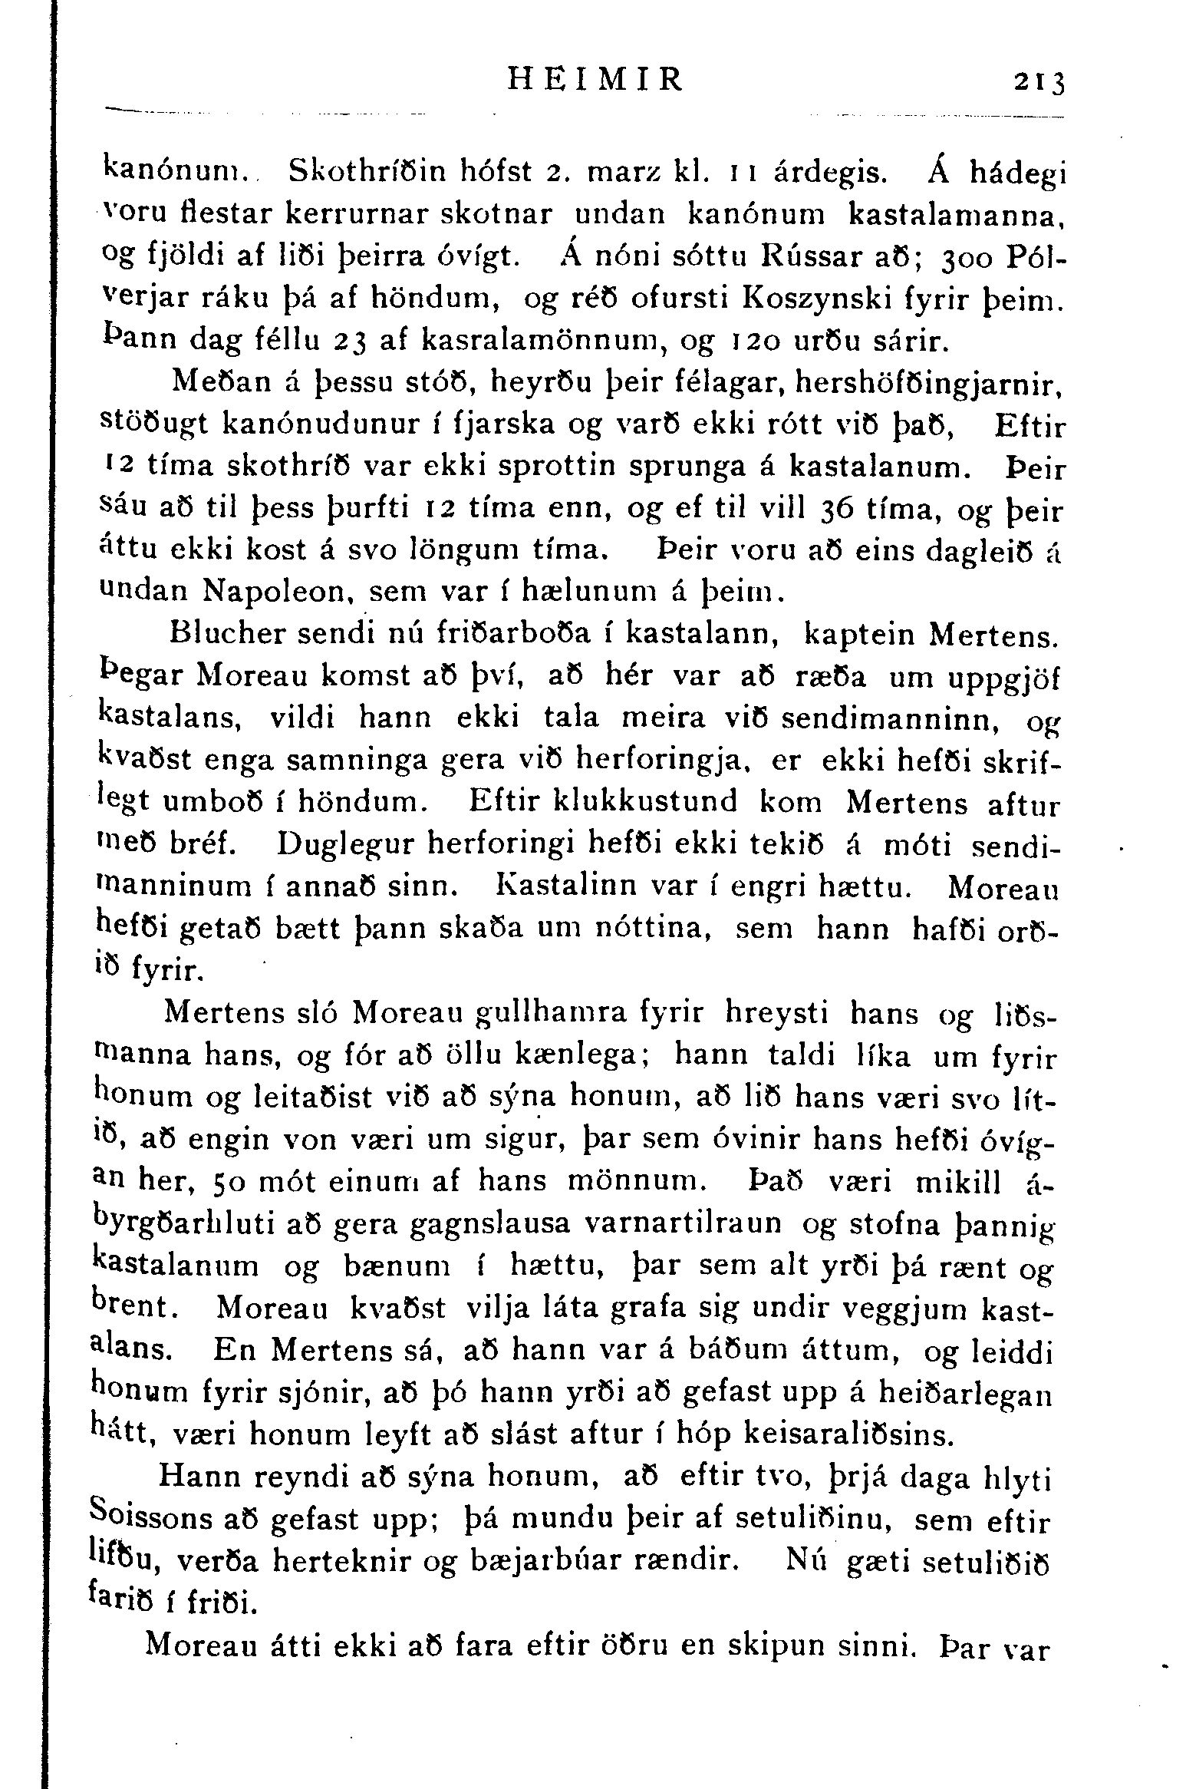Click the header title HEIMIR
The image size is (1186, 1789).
click(594, 79)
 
